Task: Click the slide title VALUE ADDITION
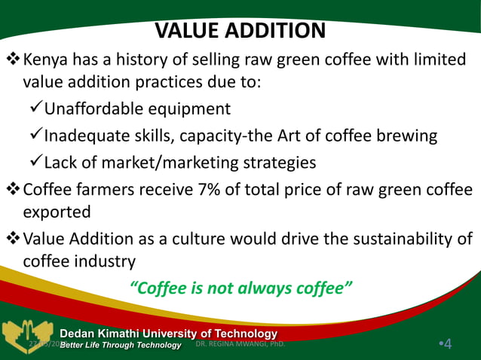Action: click(x=240, y=31)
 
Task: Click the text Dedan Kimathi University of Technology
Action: click(x=168, y=333)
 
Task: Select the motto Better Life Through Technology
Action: click(x=121, y=345)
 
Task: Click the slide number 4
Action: click(x=448, y=344)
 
